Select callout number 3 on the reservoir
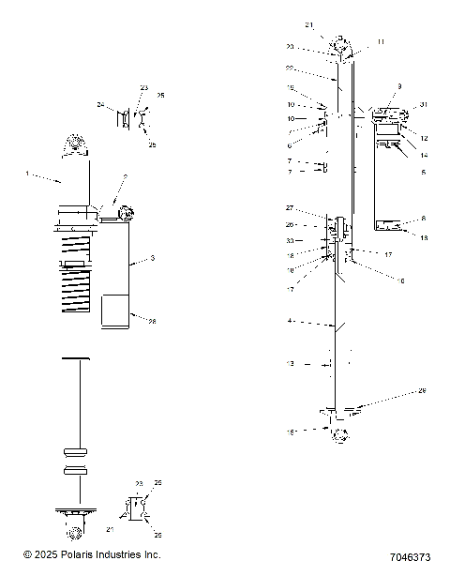[x=153, y=257]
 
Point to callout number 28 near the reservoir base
[x=152, y=320]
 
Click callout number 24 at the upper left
[x=100, y=105]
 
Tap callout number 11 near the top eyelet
[x=382, y=42]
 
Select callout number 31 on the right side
[x=423, y=104]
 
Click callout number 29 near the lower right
[x=423, y=390]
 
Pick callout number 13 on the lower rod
[x=291, y=363]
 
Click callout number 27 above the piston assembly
[x=290, y=207]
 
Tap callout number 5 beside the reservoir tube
[x=423, y=173]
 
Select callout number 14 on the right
[x=423, y=155]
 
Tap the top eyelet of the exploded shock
[x=339, y=47]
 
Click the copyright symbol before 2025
[x=28, y=555]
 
